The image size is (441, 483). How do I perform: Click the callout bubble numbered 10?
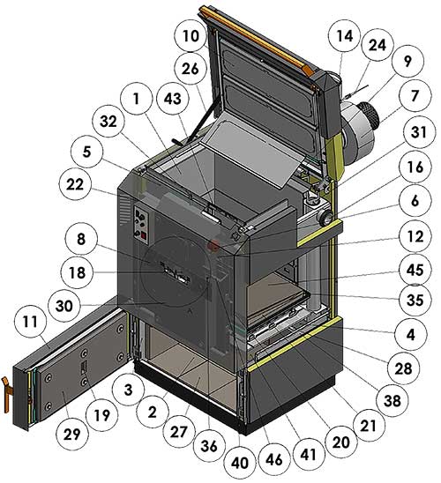[x=191, y=36]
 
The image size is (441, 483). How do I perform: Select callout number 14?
[x=345, y=36]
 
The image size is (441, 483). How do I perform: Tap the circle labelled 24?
[x=377, y=45]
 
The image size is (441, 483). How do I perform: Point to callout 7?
[x=415, y=95]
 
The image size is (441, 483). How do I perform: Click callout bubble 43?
[x=173, y=99]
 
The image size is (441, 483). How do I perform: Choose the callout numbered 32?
[x=108, y=122]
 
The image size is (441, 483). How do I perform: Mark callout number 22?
[x=75, y=185]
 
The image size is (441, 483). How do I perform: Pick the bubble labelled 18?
[x=77, y=272]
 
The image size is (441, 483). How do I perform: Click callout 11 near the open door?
[x=30, y=322]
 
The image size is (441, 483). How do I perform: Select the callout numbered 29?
[x=72, y=434]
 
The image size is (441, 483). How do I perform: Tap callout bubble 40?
[x=239, y=463]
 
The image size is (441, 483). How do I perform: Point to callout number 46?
[x=273, y=460]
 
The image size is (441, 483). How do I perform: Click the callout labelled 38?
[x=392, y=400]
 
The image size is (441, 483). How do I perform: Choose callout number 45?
[x=415, y=271]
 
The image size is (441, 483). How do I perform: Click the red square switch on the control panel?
[x=144, y=236]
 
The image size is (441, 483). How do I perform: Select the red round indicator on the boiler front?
[x=213, y=245]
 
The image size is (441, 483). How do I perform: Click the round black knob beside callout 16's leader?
[x=325, y=219]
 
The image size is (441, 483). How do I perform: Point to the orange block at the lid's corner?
[x=309, y=70]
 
